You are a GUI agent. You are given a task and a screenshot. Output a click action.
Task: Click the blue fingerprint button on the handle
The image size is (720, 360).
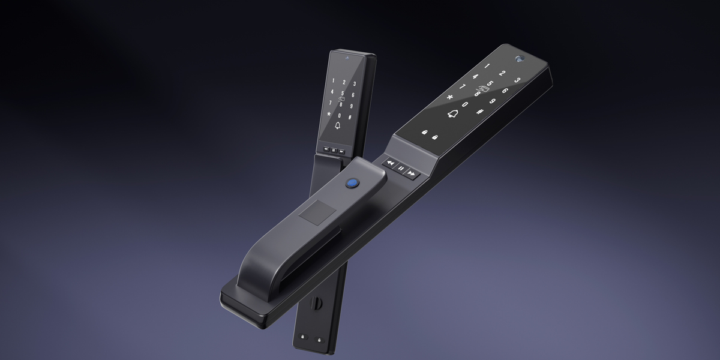tap(353, 183)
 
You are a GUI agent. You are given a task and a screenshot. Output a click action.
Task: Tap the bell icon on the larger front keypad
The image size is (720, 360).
tap(452, 113)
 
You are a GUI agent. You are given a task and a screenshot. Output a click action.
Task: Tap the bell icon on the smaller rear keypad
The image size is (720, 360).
tap(337, 125)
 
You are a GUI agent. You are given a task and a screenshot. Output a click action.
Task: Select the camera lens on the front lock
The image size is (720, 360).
tap(520, 59)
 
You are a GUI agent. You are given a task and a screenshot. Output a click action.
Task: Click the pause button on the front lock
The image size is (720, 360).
tap(401, 168)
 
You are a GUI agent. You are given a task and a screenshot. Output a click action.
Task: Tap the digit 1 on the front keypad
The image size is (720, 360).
tap(487, 66)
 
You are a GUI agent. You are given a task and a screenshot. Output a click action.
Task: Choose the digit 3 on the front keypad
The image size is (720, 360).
tap(517, 80)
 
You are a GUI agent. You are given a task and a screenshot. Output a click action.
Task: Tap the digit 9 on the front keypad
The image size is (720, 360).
tap(493, 101)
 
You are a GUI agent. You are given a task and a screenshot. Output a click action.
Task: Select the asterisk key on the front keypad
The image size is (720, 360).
tap(450, 97)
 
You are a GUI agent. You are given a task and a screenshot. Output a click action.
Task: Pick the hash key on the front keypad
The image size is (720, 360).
tap(479, 112)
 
